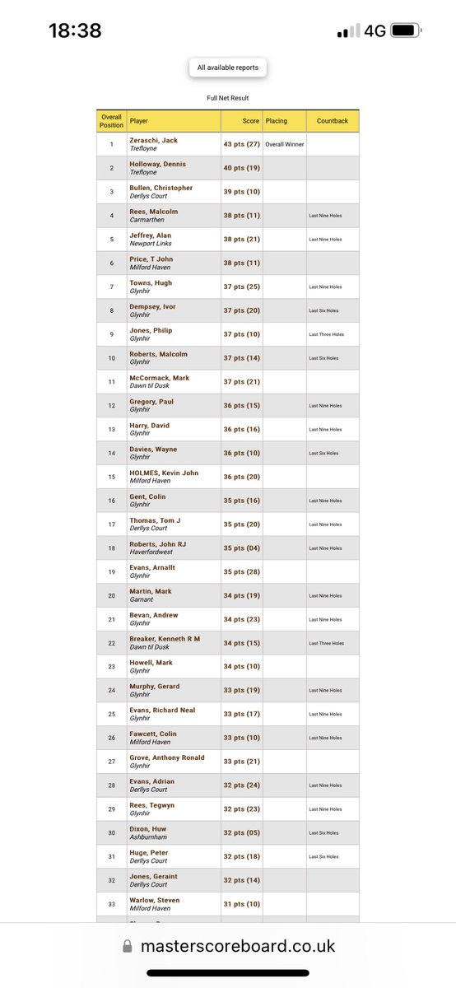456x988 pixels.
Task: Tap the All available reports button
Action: [227, 68]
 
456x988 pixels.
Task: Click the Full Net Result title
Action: [227, 98]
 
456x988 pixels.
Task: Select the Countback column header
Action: [332, 121]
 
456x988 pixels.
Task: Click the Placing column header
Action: [277, 121]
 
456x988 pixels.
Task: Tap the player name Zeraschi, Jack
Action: [153, 141]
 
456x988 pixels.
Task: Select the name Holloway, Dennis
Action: [158, 165]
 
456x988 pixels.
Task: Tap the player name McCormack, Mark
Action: [159, 378]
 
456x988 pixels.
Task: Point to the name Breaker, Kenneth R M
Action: [165, 639]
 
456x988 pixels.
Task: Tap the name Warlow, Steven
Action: [155, 900]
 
